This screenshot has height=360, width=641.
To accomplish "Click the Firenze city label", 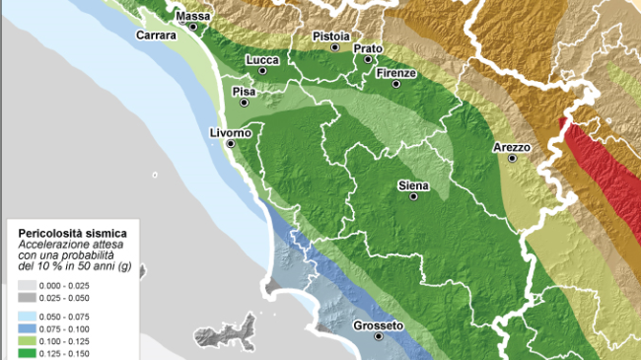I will click(395, 74).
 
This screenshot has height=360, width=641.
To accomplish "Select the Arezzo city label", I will click(512, 148).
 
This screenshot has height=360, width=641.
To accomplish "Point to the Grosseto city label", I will click(378, 325).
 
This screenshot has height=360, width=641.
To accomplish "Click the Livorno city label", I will click(231, 133).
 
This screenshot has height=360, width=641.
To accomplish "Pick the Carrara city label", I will click(157, 36).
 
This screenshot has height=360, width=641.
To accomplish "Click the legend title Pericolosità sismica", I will click(65, 233).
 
